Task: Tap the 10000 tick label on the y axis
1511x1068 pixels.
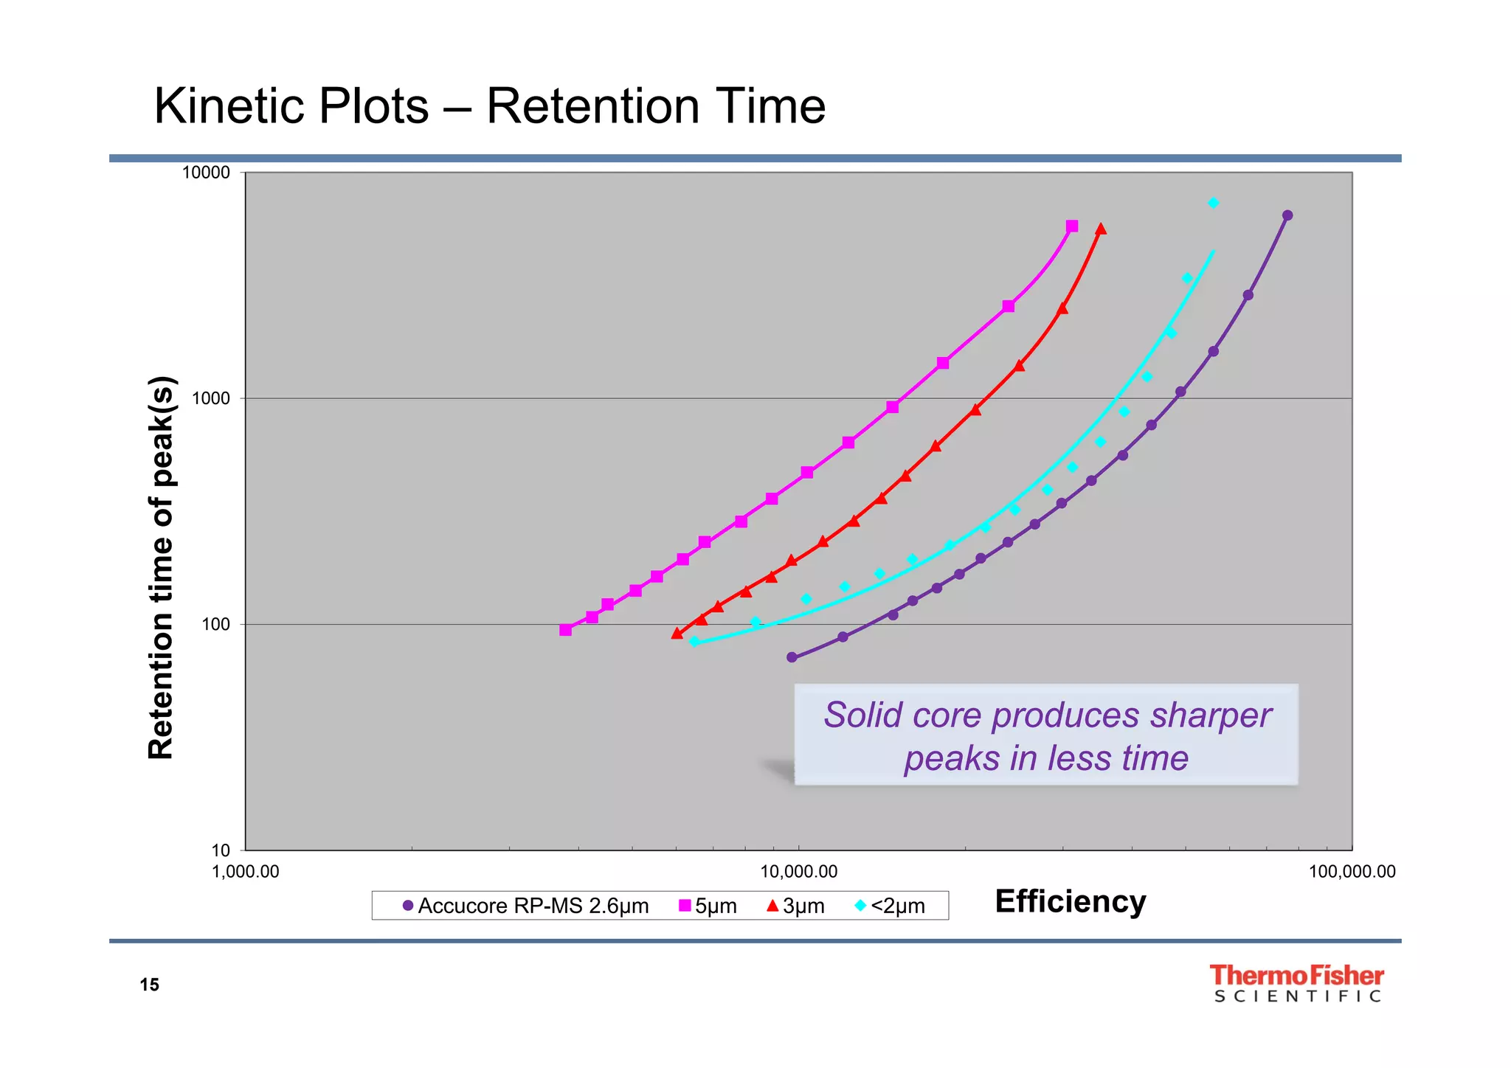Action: [206, 173]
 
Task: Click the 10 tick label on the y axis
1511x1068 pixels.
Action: [220, 850]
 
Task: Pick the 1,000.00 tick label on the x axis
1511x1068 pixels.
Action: [245, 872]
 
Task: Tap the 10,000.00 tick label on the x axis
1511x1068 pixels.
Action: [798, 872]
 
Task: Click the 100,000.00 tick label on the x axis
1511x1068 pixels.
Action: [1352, 872]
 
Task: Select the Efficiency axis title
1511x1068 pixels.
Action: [1070, 901]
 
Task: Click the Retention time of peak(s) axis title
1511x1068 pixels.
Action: [161, 567]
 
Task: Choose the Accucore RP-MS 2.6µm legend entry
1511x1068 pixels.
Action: [525, 906]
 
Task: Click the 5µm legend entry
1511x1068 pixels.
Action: [708, 906]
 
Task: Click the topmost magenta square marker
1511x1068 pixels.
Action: [1072, 226]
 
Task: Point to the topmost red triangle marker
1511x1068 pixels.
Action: [1101, 229]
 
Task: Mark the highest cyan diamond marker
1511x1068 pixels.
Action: [1213, 203]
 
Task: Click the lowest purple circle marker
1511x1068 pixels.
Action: [792, 657]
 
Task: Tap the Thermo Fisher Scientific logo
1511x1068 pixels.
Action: [1296, 983]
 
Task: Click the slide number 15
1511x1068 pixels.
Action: [149, 985]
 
